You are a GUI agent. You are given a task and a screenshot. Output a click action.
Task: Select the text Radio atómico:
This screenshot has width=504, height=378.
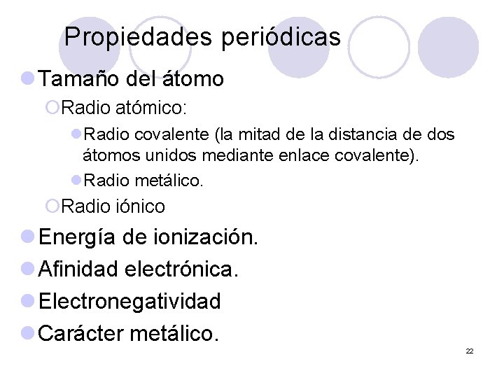click(x=124, y=108)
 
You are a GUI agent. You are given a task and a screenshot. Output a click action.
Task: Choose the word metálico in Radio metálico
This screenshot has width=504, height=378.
click(x=169, y=181)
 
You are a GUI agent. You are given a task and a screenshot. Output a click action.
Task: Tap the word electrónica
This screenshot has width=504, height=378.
click(x=183, y=269)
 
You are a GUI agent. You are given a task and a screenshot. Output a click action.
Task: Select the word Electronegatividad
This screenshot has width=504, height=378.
click(x=130, y=302)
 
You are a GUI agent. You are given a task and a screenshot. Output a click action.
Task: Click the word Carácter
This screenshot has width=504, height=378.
click(x=82, y=333)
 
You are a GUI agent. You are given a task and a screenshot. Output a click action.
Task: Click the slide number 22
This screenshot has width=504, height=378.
click(x=470, y=351)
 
